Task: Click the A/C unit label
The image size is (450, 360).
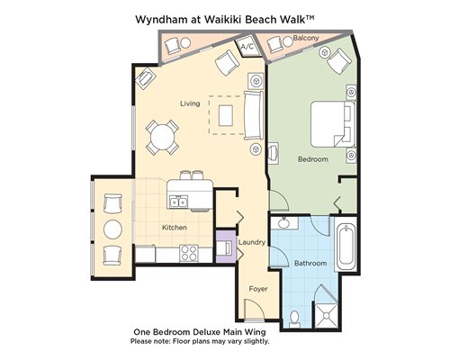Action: click(x=247, y=47)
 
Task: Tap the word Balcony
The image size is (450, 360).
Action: click(x=306, y=38)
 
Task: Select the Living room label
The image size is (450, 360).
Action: click(x=190, y=103)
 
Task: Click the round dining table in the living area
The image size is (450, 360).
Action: click(x=162, y=138)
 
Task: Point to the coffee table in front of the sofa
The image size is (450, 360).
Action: click(x=226, y=115)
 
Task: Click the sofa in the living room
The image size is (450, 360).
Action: click(x=254, y=115)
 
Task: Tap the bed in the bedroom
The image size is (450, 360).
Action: click(x=333, y=124)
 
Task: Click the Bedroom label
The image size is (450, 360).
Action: click(x=313, y=159)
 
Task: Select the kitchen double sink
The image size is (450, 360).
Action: click(x=178, y=202)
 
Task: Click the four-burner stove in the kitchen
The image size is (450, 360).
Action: click(x=189, y=253)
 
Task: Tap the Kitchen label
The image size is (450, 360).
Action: click(x=175, y=228)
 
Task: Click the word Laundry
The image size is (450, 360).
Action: click(x=252, y=242)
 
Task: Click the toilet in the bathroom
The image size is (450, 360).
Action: click(x=295, y=319)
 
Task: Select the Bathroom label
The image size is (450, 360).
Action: click(x=310, y=263)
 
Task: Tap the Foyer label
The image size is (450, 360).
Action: click(x=258, y=289)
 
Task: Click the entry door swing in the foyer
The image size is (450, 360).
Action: click(x=254, y=309)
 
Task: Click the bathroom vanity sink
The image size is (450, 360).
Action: click(x=283, y=223)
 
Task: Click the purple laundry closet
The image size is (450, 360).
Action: click(x=226, y=247)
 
